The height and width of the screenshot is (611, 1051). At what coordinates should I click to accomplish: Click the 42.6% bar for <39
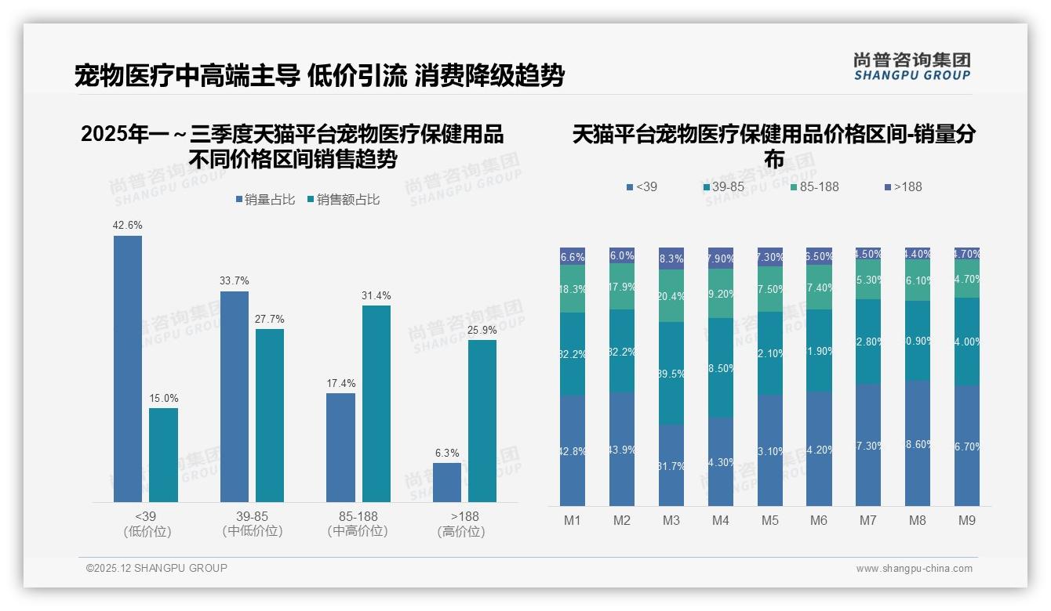pyautogui.click(x=128, y=368)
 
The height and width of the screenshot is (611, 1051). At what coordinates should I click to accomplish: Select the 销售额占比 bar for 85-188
pyautogui.click(x=376, y=403)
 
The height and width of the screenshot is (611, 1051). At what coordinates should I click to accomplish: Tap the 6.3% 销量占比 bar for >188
pyautogui.click(x=447, y=482)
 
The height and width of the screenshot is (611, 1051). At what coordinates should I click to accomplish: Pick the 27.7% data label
pyautogui.click(x=270, y=320)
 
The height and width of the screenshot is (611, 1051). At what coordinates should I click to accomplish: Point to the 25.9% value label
pyautogui.click(x=482, y=331)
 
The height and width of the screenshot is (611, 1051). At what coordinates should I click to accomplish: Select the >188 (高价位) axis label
pyautogui.click(x=464, y=524)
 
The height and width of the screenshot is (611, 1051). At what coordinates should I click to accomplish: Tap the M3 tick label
pyautogui.click(x=671, y=521)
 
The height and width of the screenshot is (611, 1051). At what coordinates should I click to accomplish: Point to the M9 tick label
pyautogui.click(x=967, y=521)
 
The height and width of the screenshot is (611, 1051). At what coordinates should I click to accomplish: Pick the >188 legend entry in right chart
pyautogui.click(x=904, y=187)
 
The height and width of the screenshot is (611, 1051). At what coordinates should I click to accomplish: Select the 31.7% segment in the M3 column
pyautogui.click(x=671, y=465)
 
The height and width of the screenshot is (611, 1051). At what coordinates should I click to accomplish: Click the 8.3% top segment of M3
pyautogui.click(x=671, y=258)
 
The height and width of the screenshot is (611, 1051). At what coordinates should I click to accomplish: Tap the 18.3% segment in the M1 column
pyautogui.click(x=573, y=289)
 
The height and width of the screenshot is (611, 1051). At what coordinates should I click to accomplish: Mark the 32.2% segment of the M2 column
pyautogui.click(x=622, y=352)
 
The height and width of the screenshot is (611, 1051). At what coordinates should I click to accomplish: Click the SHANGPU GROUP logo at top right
pyautogui.click(x=911, y=66)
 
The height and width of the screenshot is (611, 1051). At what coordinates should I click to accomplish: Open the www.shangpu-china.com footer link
pyautogui.click(x=914, y=569)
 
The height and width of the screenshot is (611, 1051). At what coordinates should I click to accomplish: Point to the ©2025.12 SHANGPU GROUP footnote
pyautogui.click(x=157, y=568)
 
